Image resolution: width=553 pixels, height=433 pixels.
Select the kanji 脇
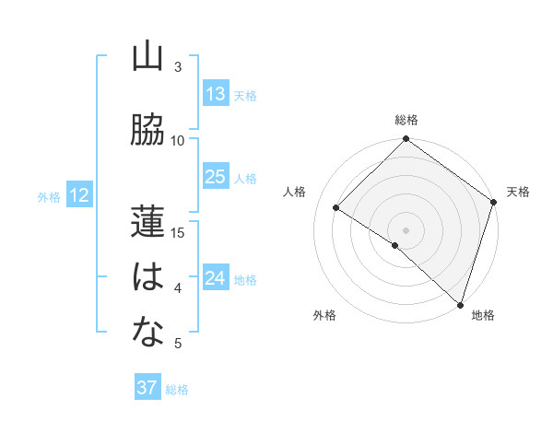pos(147,130)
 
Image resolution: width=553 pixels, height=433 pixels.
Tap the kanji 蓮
pos(147,222)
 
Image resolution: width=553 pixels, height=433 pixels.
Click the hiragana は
pos(147,277)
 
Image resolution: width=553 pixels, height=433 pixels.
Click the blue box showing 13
pos(216,94)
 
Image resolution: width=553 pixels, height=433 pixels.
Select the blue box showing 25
pos(216,177)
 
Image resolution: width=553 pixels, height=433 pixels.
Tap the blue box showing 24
pos(216,278)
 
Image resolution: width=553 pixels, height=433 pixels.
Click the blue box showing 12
pos(78,195)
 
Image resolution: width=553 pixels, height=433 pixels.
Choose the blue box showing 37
pos(147,388)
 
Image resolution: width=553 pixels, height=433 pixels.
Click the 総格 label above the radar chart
pos(406,120)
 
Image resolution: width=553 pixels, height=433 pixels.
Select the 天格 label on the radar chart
pos(518,192)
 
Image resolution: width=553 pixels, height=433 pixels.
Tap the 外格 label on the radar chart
pos(324,315)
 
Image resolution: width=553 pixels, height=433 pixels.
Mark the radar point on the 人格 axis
pos(336,208)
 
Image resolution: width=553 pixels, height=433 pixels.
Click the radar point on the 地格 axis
pos(459,303)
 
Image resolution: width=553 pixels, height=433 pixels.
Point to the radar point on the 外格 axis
pos(395,245)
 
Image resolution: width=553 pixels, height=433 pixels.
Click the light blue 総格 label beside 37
pos(177,390)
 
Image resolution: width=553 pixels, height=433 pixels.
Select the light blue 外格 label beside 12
pos(49,196)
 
